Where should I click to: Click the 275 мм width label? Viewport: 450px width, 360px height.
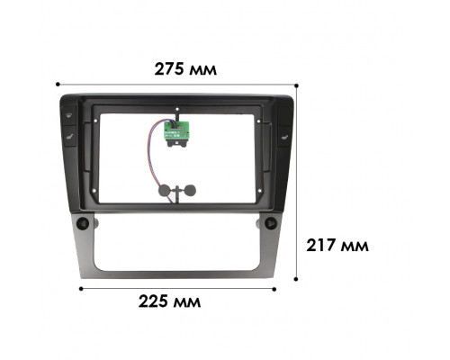point(185,68)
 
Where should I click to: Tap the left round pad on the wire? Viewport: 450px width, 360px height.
point(166,189)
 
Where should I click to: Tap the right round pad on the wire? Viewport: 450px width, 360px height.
point(191,189)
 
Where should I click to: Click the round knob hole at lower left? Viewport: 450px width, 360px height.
point(82,220)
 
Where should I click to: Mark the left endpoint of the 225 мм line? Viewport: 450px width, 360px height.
point(82,289)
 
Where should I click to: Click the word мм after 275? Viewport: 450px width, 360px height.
point(205,68)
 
